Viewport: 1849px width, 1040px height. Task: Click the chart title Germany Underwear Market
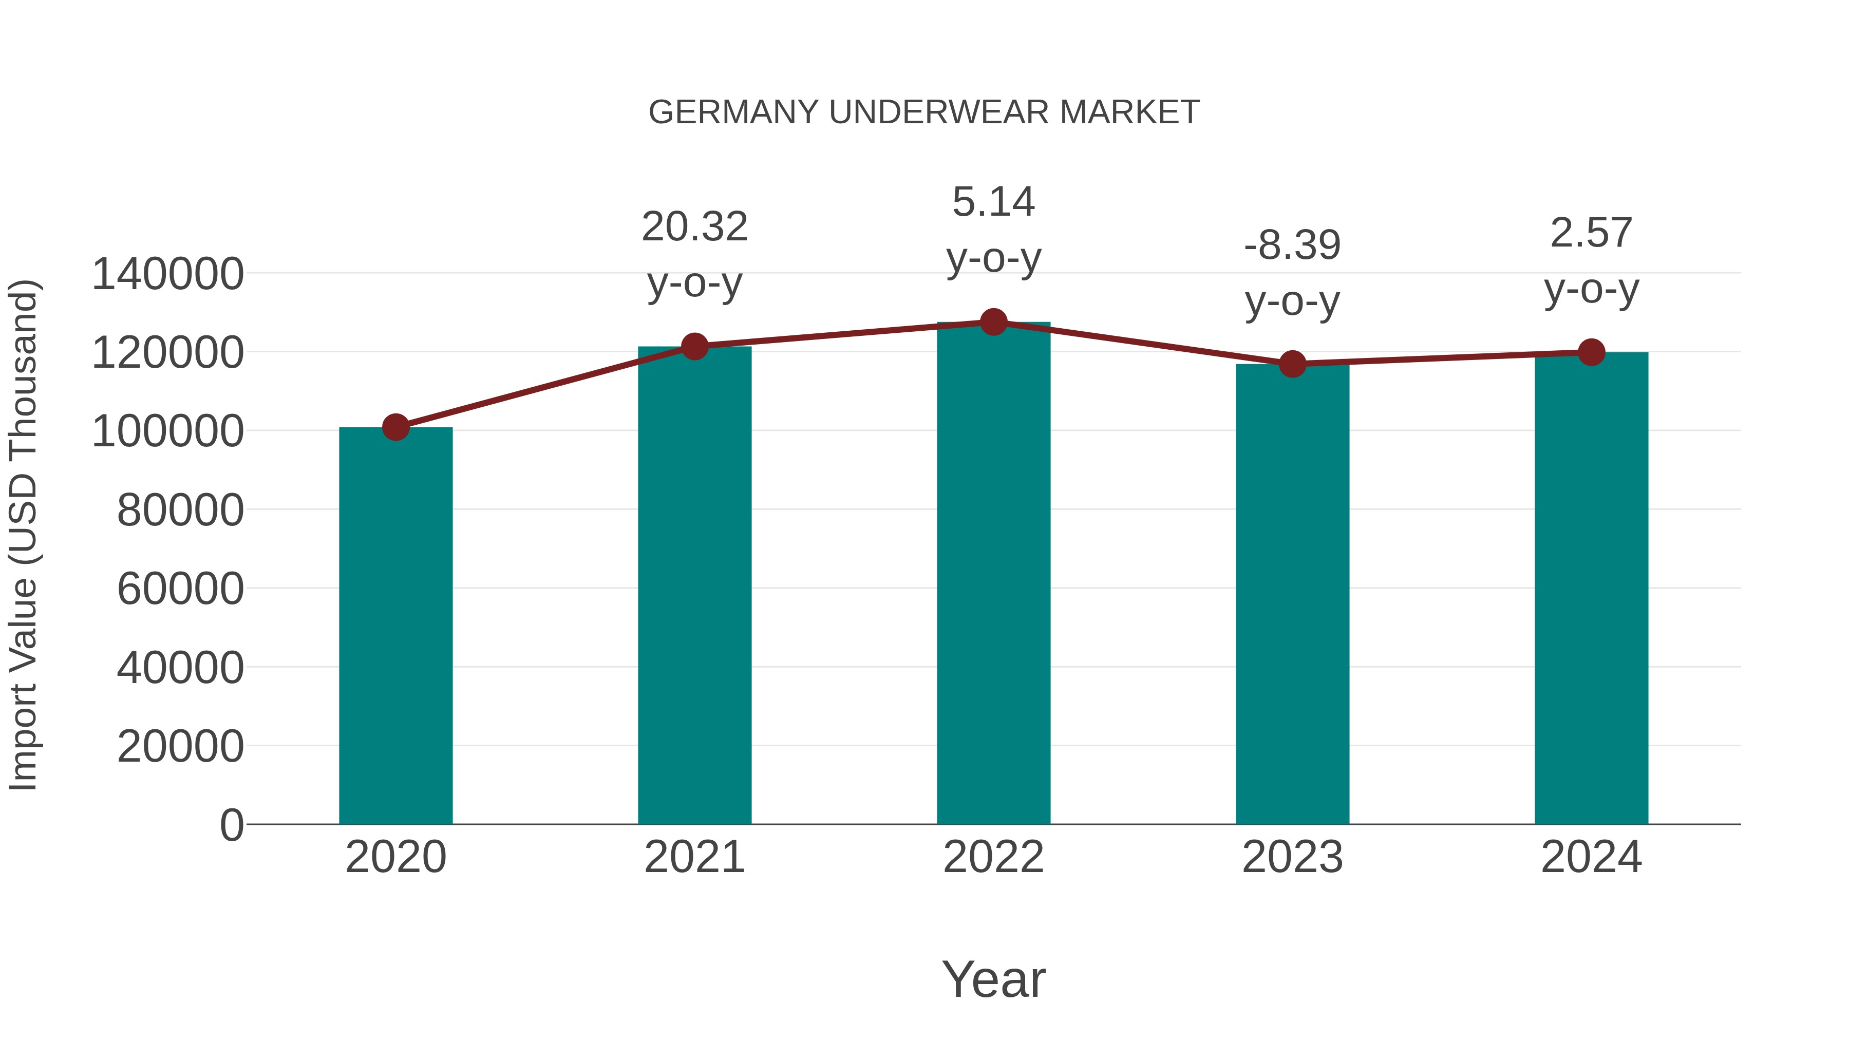(924, 112)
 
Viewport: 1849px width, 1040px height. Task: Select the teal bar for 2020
(395, 625)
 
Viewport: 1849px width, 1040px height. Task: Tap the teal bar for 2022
(993, 574)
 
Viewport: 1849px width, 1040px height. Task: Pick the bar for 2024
(1591, 589)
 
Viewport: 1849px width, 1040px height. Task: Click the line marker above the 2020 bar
(395, 427)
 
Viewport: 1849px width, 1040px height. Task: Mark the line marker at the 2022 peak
(993, 322)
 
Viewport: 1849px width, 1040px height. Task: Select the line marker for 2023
(1292, 364)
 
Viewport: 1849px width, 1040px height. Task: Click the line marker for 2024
(1591, 352)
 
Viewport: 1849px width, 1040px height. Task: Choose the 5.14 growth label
(993, 229)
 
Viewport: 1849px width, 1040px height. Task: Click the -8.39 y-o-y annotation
(1292, 272)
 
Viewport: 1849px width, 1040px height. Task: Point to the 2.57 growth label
(1591, 260)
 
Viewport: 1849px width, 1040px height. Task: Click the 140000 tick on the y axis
(168, 274)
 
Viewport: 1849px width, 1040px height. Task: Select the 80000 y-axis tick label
(180, 510)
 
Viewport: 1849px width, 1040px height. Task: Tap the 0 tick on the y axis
(232, 825)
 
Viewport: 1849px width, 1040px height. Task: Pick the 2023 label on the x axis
(1292, 857)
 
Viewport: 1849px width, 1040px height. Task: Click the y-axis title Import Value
(23, 535)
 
